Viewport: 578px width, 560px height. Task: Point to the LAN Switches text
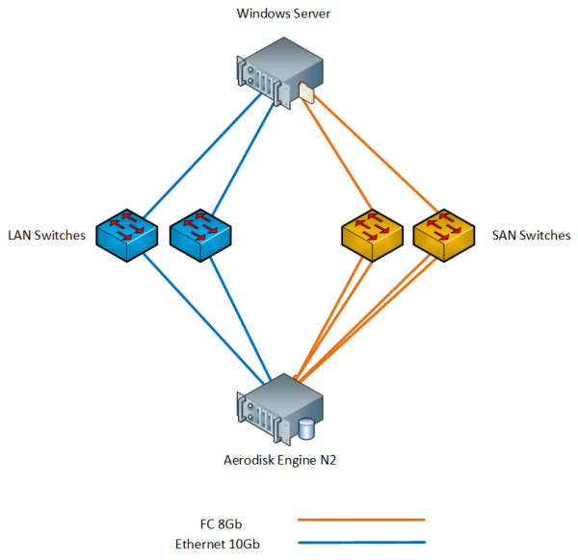47,235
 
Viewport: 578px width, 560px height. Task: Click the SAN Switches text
531,235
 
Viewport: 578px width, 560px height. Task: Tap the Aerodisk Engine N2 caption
279,460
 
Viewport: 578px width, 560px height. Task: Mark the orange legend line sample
361,520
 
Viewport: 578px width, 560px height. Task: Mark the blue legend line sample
361,543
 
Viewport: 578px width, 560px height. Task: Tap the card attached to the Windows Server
307,92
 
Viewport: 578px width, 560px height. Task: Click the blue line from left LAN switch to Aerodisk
202,318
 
